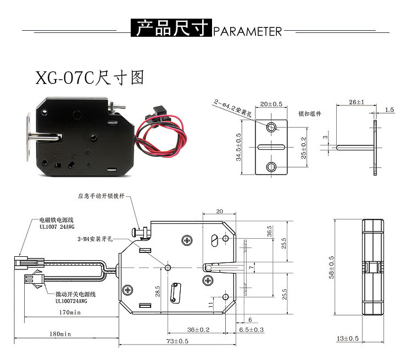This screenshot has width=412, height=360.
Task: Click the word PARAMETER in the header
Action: pyautogui.click(x=247, y=30)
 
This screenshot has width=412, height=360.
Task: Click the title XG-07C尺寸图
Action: pyautogui.click(x=90, y=77)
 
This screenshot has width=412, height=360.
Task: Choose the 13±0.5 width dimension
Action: pyautogui.click(x=347, y=339)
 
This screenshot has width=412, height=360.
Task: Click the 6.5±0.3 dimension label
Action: pyautogui.click(x=252, y=329)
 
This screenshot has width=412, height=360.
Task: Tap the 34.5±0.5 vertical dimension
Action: pyautogui.click(x=239, y=145)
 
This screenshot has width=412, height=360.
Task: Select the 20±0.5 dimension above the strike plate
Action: pyautogui.click(x=271, y=103)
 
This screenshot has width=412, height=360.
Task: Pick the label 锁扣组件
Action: pyautogui.click(x=309, y=114)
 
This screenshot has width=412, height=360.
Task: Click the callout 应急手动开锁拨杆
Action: pyautogui.click(x=104, y=196)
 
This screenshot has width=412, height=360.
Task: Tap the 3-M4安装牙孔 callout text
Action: pyautogui.click(x=96, y=239)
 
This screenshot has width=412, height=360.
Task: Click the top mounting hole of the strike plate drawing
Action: pyautogui.click(x=271, y=127)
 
